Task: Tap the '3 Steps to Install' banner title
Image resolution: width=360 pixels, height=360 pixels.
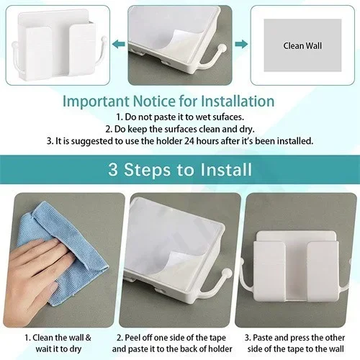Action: (179, 170)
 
